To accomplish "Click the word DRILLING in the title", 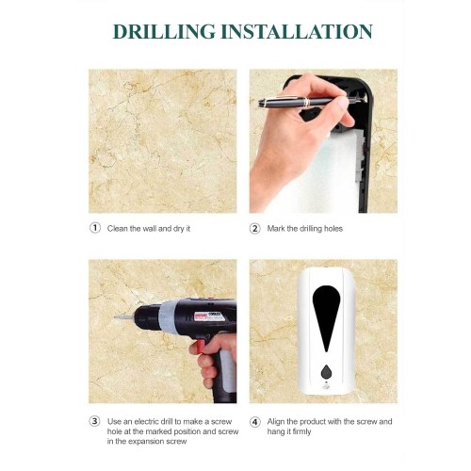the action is click(164, 31).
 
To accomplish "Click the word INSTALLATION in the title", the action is click(297, 31).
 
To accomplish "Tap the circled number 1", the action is click(95, 228).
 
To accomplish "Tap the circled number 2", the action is click(255, 228).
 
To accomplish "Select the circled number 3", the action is click(95, 421).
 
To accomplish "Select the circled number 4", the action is click(255, 421).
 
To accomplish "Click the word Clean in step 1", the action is click(117, 229).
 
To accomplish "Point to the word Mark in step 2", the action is click(276, 229).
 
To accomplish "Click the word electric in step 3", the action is click(147, 421).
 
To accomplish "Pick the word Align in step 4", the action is click(276, 422).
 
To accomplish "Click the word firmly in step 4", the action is click(301, 431).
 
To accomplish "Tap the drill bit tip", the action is click(116, 317).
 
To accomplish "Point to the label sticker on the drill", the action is click(209, 317).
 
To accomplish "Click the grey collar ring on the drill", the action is click(168, 317).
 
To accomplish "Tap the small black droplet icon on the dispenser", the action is click(326, 372).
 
